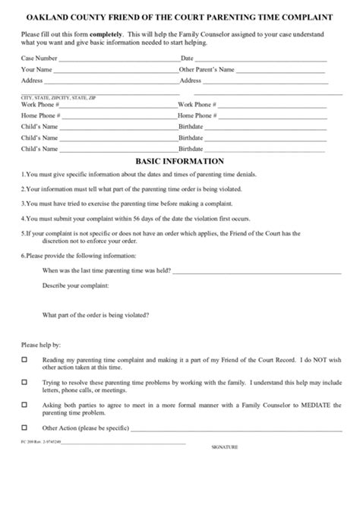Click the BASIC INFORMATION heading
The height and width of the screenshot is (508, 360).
pyautogui.click(x=179, y=161)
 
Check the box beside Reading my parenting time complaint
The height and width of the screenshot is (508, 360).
pyautogui.click(x=25, y=360)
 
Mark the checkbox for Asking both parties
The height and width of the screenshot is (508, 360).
pyautogui.click(x=25, y=405)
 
